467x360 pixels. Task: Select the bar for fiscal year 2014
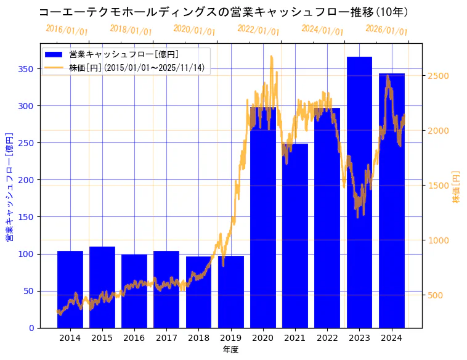coord(70,289)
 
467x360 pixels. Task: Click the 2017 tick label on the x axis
coord(166,337)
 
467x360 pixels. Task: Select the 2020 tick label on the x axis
coord(263,337)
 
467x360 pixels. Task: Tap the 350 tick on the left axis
coord(25,69)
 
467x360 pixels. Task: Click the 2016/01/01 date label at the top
coord(67,30)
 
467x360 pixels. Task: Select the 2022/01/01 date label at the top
coord(258,30)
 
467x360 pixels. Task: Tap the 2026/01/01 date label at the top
coord(386,30)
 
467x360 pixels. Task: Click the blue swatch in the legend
coord(54,55)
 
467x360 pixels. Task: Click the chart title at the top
coord(223,12)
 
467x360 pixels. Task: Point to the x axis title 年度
coord(230,350)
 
